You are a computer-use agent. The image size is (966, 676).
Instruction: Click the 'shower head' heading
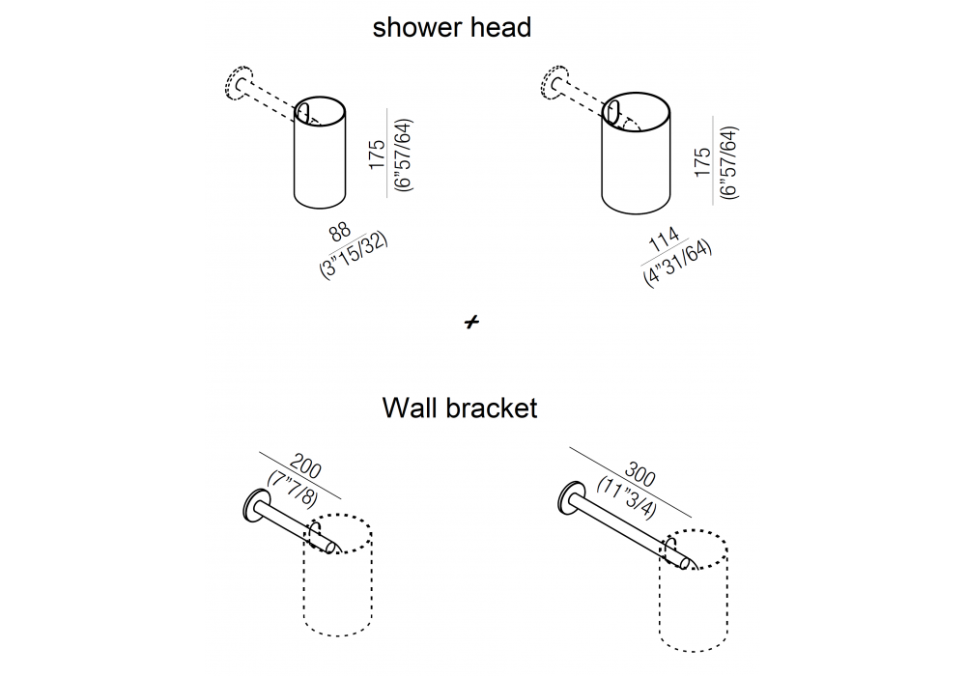[x=451, y=27]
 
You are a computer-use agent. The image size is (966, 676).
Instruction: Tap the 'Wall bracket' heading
[x=460, y=408]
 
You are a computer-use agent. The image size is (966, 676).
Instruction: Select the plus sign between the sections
[x=471, y=323]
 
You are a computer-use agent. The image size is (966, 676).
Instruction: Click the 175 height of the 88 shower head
[x=378, y=154]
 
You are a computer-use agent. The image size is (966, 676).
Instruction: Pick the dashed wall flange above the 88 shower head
[x=237, y=84]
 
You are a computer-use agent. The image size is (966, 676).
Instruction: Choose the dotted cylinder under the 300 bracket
[x=694, y=599]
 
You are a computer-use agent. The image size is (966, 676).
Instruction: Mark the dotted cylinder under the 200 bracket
[x=338, y=589]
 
